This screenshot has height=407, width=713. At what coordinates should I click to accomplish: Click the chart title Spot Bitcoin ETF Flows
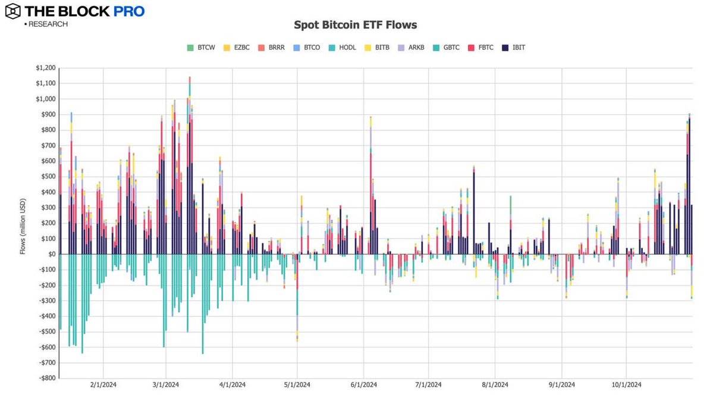click(356, 25)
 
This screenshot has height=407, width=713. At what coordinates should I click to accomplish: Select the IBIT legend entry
click(515, 47)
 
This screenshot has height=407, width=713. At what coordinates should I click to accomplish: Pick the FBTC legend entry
click(482, 47)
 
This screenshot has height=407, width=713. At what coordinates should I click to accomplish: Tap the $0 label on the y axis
click(52, 255)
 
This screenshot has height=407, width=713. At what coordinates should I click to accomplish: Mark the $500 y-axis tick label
click(48, 177)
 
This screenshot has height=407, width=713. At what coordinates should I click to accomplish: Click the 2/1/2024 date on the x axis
click(103, 385)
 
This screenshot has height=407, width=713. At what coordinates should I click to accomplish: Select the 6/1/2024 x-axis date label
click(364, 385)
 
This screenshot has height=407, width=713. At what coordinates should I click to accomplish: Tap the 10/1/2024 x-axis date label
click(626, 385)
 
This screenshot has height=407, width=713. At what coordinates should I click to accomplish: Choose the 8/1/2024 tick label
click(495, 385)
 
